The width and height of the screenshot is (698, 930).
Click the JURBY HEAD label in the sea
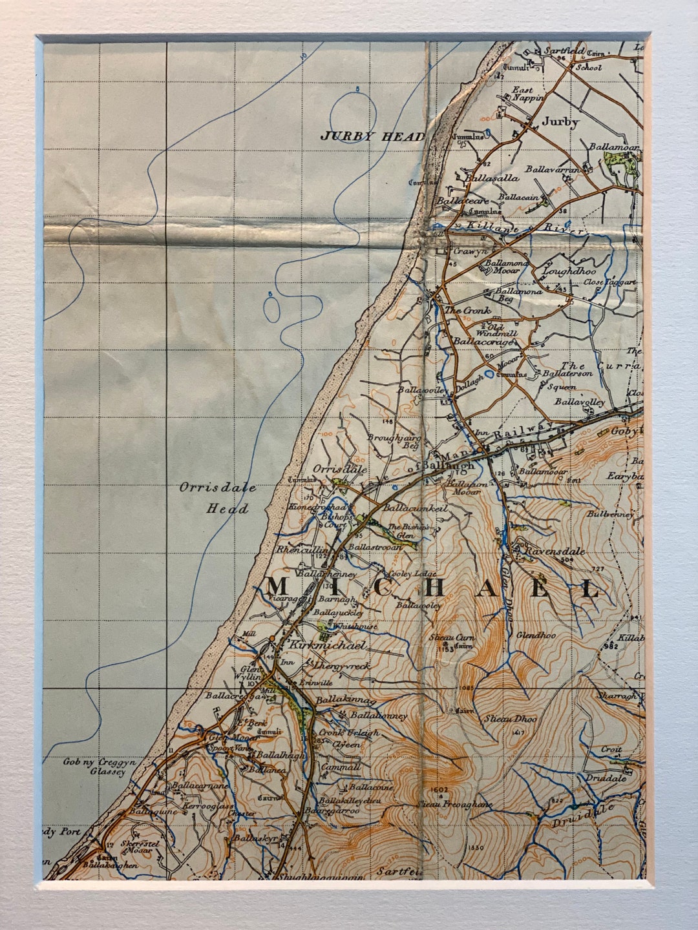pos(373,136)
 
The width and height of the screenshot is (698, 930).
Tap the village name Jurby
pos(560,121)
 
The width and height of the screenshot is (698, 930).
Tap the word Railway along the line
pos(524,432)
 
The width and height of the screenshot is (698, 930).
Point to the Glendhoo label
pos(536,635)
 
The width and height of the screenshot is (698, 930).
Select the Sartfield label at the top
pos(564,50)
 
